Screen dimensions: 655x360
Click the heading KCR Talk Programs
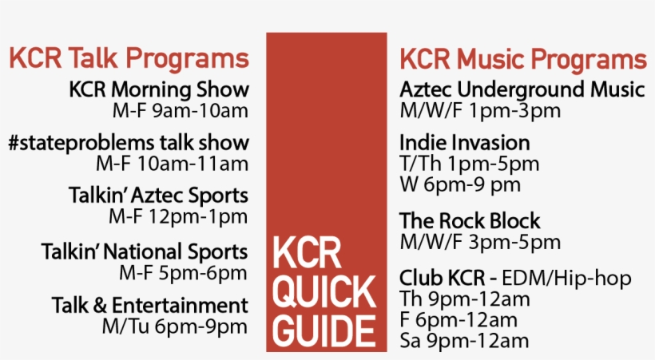point(129,58)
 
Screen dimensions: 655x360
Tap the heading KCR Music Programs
point(523,59)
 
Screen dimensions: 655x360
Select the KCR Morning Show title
point(159,89)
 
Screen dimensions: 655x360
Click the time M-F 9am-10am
point(181,111)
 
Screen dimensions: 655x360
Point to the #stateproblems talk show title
point(129,143)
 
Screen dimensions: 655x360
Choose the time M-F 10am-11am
point(172,164)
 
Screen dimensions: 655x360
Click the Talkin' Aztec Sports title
point(159,196)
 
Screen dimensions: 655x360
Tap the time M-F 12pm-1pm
point(178,216)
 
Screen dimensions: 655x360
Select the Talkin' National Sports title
point(145,252)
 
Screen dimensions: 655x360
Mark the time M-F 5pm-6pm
point(184,273)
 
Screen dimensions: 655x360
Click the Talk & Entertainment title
point(150,305)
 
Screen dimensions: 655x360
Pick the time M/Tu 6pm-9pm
point(175,326)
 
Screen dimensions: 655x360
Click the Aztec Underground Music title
point(522,90)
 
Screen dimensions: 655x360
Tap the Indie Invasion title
point(465,143)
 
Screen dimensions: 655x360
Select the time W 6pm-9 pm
point(460,184)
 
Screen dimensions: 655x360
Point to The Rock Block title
point(470,221)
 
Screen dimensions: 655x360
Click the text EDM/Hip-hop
point(566,279)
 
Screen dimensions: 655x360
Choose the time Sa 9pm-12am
point(465,341)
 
